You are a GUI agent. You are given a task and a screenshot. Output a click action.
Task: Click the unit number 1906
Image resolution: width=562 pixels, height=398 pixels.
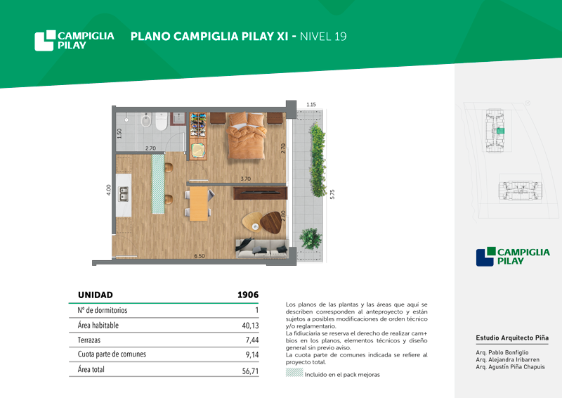pos(248,295)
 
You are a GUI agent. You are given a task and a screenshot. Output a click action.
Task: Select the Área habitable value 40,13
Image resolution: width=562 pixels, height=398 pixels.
pos(250,326)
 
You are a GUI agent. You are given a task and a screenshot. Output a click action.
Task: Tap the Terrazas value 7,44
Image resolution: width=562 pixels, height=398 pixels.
pos(252,340)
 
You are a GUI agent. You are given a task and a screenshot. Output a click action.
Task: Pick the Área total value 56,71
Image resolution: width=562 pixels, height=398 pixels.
pos(250,371)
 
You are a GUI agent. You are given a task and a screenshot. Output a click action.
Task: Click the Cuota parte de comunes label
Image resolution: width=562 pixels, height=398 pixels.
pos(112,354)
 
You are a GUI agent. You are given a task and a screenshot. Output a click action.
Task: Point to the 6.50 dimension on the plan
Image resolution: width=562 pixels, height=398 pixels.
pos(200,256)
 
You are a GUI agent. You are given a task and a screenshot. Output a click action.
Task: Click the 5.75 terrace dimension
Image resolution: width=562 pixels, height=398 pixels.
pos(332,194)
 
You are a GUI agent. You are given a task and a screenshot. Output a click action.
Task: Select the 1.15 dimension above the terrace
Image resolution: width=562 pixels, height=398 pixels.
pos(311,105)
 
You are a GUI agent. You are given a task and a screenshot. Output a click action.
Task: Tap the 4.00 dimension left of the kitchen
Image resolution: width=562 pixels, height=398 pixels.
pos(109,190)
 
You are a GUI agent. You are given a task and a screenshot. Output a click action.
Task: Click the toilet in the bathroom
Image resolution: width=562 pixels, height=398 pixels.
pos(162,122)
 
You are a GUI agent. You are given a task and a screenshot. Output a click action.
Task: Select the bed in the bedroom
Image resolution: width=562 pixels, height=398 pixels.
pos(247,136)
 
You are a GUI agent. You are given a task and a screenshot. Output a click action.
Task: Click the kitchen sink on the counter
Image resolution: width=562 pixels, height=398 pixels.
pos(124,194)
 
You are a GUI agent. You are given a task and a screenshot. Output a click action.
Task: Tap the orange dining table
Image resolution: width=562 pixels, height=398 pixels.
pos(199,203)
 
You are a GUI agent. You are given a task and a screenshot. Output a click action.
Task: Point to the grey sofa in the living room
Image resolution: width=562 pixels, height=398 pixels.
pos(262,248)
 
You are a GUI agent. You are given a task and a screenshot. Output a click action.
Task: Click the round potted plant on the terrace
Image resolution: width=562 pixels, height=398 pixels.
pos(311,238)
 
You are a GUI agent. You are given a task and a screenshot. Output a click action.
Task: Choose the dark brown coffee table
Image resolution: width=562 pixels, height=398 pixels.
pos(271,222)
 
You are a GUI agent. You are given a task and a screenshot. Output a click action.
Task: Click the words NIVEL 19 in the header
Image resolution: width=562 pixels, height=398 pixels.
pos(323,37)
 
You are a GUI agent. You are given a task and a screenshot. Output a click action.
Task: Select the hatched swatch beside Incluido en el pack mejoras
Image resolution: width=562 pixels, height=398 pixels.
pos(294,372)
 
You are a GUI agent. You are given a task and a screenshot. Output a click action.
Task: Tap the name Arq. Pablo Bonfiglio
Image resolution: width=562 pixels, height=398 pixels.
pos(502,352)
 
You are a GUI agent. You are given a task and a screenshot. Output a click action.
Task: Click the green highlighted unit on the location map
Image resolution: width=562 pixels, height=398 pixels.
pos(500,131)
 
